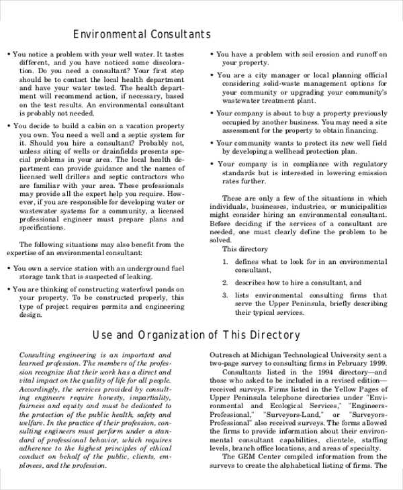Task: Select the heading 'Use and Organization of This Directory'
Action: (x=195, y=335)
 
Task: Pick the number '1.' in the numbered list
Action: (x=226, y=262)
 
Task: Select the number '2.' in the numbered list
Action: (x=226, y=283)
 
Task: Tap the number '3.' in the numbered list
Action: (x=226, y=295)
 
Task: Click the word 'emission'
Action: (x=371, y=173)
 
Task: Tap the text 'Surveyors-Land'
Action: (x=294, y=415)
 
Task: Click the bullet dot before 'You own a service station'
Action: (x=8, y=268)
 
